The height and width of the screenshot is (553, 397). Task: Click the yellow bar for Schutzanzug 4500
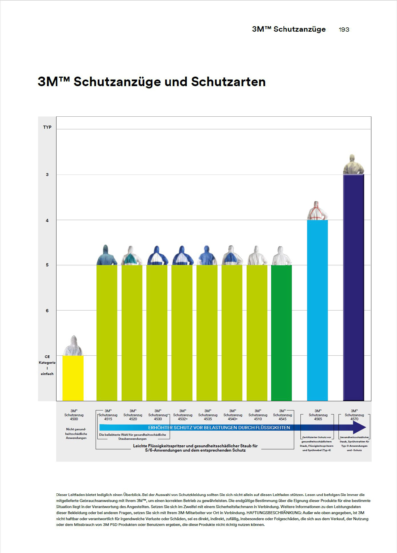point(73,378)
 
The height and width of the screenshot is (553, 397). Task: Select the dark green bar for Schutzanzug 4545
point(281,333)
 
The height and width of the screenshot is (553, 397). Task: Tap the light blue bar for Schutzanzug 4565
point(317,310)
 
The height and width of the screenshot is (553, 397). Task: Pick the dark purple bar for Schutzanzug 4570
point(353,287)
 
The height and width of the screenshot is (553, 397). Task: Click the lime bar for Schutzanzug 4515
point(107,333)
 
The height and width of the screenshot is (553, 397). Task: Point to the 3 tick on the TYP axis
point(47,175)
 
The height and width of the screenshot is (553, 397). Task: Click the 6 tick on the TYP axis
point(47,310)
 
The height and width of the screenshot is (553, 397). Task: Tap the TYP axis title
point(47,127)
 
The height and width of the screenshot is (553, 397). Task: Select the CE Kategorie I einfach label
point(47,365)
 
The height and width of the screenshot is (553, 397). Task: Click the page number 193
point(344,29)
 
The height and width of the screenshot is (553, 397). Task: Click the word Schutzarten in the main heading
point(228,82)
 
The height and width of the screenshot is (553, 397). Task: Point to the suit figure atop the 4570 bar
point(353,164)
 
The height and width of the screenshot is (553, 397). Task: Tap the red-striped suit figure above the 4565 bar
point(317,211)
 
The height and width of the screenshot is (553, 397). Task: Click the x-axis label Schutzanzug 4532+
point(183,415)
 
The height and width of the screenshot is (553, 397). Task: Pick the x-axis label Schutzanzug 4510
point(258,415)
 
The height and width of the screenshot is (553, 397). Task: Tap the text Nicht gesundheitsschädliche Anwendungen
point(76,433)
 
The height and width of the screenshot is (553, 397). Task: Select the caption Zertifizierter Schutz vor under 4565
point(317,437)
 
